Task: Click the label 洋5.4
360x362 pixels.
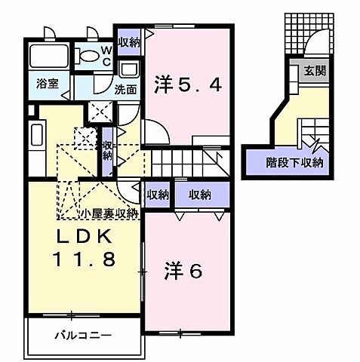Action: tap(189, 83)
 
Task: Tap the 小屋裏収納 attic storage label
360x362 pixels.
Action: tap(110, 213)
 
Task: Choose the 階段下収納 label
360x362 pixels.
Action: tap(294, 161)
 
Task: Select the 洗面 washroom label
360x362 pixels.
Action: tap(125, 87)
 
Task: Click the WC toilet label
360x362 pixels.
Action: tap(106, 54)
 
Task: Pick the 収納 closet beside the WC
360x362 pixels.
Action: tap(128, 42)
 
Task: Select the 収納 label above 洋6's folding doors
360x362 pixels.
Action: tap(200, 194)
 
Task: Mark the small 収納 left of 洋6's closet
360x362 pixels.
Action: tap(158, 194)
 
